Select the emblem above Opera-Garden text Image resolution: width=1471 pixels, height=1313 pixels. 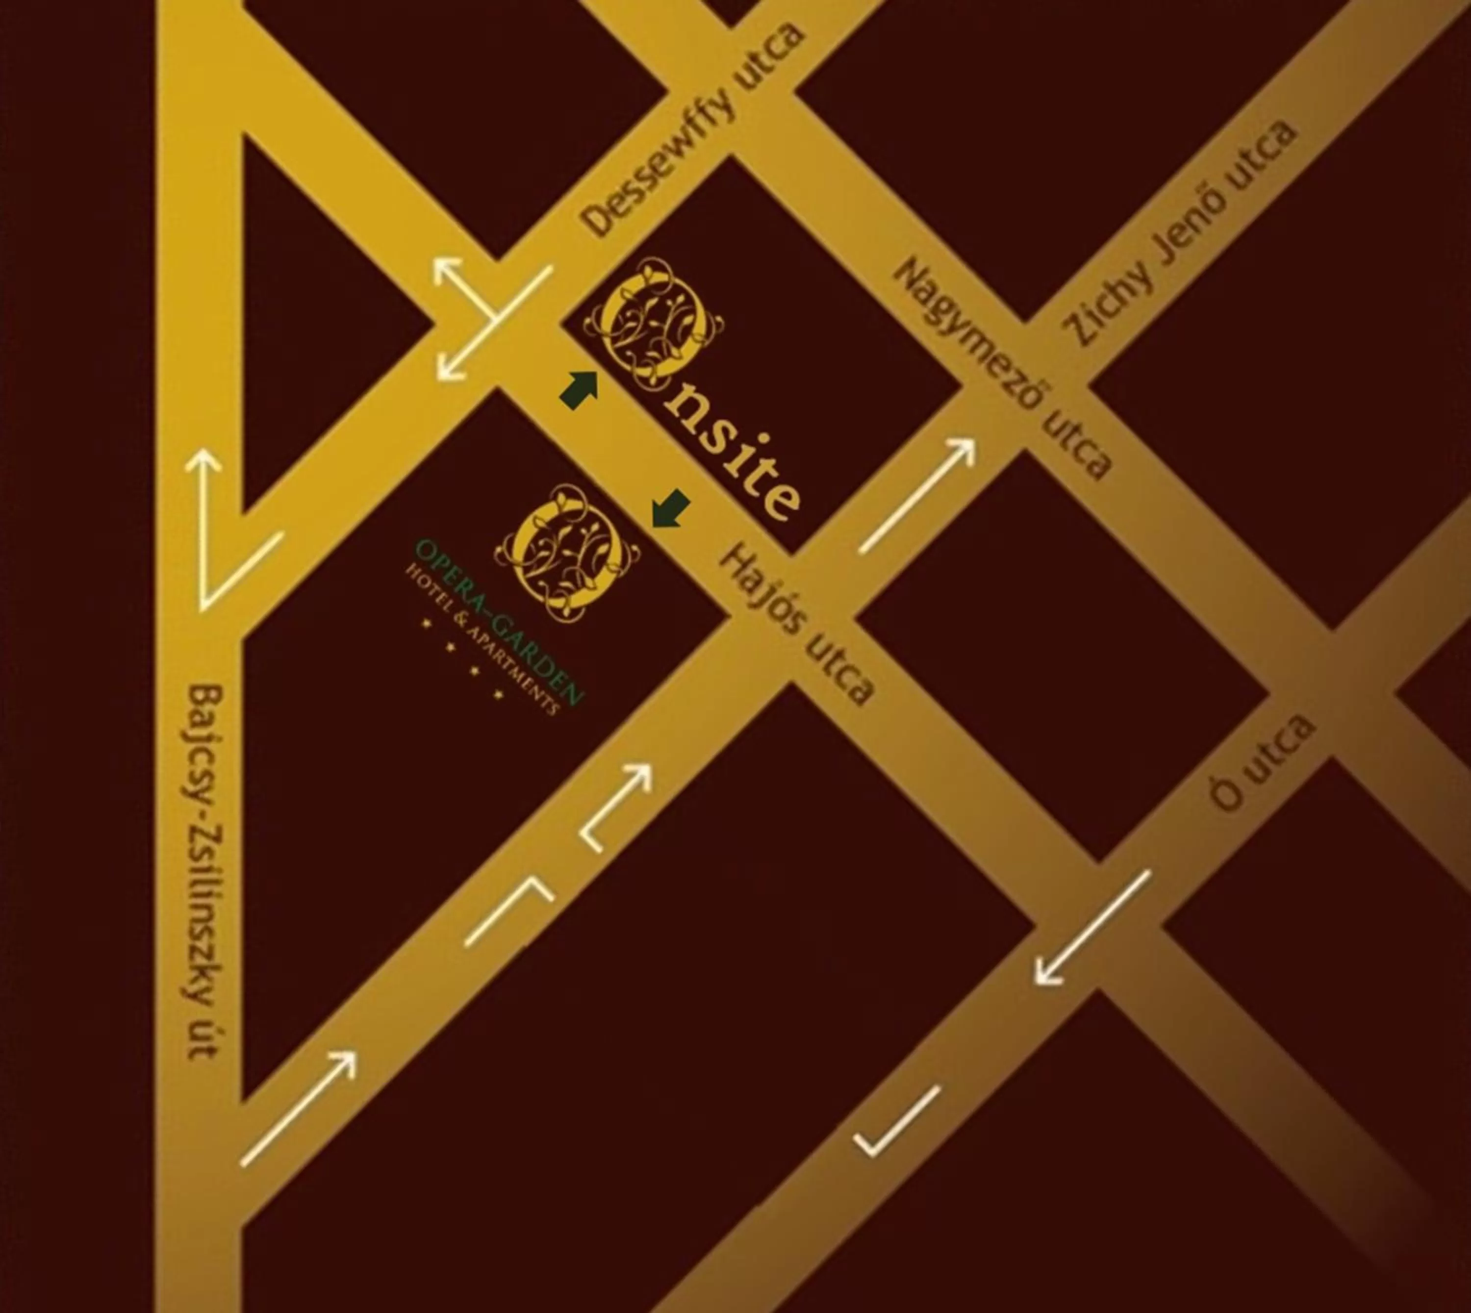point(567,552)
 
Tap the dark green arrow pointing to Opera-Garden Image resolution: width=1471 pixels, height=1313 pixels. point(671,508)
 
